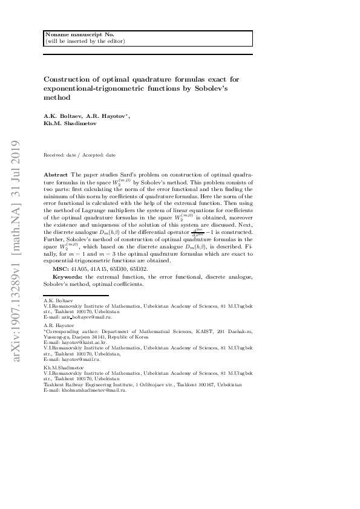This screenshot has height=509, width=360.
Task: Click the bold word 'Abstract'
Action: (56, 173)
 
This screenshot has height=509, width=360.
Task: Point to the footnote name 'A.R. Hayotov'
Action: (59, 325)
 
